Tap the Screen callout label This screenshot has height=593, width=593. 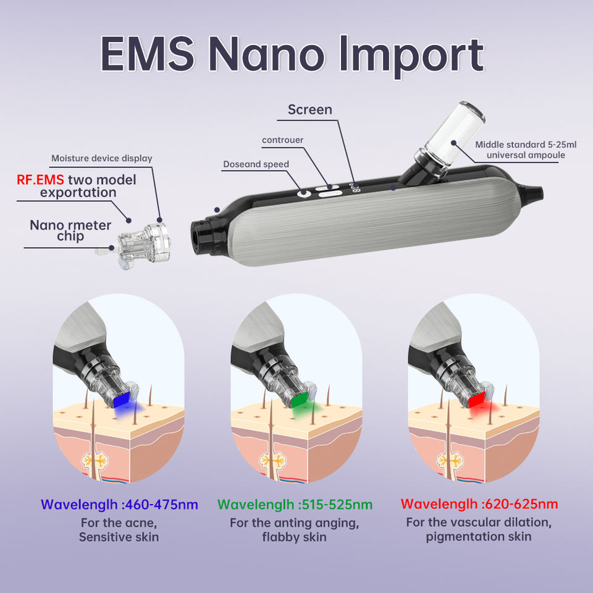point(318,110)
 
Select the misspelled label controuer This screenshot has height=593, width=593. point(282,140)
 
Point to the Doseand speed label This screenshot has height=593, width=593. point(256,164)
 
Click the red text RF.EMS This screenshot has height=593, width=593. point(40,180)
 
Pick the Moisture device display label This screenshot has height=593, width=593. point(101,159)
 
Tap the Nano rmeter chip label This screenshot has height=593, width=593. point(70,230)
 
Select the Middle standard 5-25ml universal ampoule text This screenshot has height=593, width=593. point(526,149)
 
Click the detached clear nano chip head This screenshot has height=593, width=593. point(140,238)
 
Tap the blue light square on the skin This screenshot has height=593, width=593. point(122,399)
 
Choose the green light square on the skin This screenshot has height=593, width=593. point(300,399)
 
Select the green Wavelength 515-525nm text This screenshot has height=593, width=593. point(295,504)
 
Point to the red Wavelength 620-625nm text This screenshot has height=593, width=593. point(479,504)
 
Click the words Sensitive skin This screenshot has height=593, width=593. point(119,537)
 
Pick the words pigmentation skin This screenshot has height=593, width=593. point(479,537)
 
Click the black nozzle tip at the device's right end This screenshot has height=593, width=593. point(536,193)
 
